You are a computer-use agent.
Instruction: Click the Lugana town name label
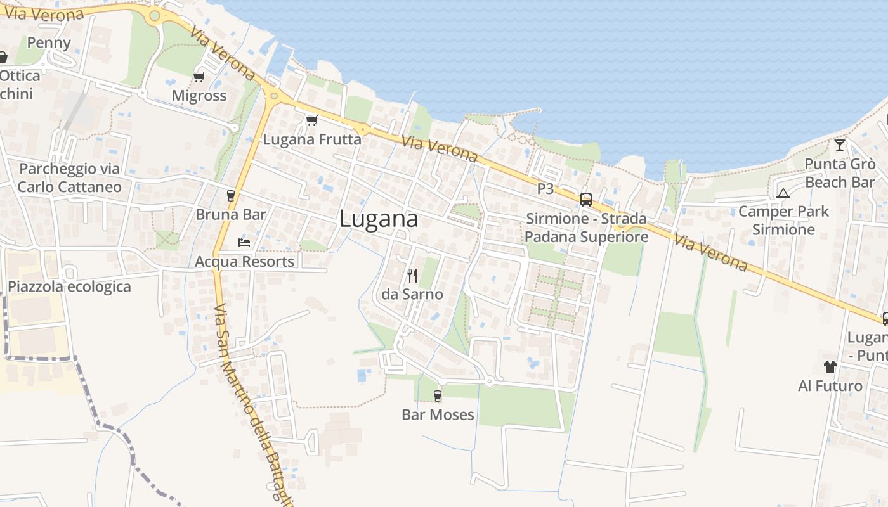[x=379, y=219]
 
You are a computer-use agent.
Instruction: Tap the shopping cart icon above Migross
[x=199, y=77]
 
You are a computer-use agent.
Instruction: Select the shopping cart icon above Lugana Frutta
[x=311, y=120]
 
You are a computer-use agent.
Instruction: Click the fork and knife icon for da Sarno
[x=412, y=275]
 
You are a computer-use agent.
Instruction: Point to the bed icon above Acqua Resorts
[x=244, y=242]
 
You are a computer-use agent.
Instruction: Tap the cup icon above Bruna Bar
[x=230, y=196]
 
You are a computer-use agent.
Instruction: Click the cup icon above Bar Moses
[x=437, y=396]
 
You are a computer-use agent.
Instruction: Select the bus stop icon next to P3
[x=585, y=199]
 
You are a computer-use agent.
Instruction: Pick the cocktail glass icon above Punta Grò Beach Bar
[x=840, y=145]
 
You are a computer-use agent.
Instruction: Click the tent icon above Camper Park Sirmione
[x=783, y=193]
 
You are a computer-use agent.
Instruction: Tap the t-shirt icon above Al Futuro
[x=830, y=366]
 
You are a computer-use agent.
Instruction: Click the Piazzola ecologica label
[x=69, y=286]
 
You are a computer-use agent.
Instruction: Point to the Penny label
[x=49, y=42]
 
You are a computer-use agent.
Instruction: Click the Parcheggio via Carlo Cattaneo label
[x=69, y=177]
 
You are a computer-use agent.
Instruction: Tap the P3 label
[x=545, y=189]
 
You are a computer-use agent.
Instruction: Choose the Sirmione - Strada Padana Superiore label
[x=587, y=228]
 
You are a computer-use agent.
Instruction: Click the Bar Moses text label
[x=438, y=415]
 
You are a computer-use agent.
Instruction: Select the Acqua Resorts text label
[x=244, y=261]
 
